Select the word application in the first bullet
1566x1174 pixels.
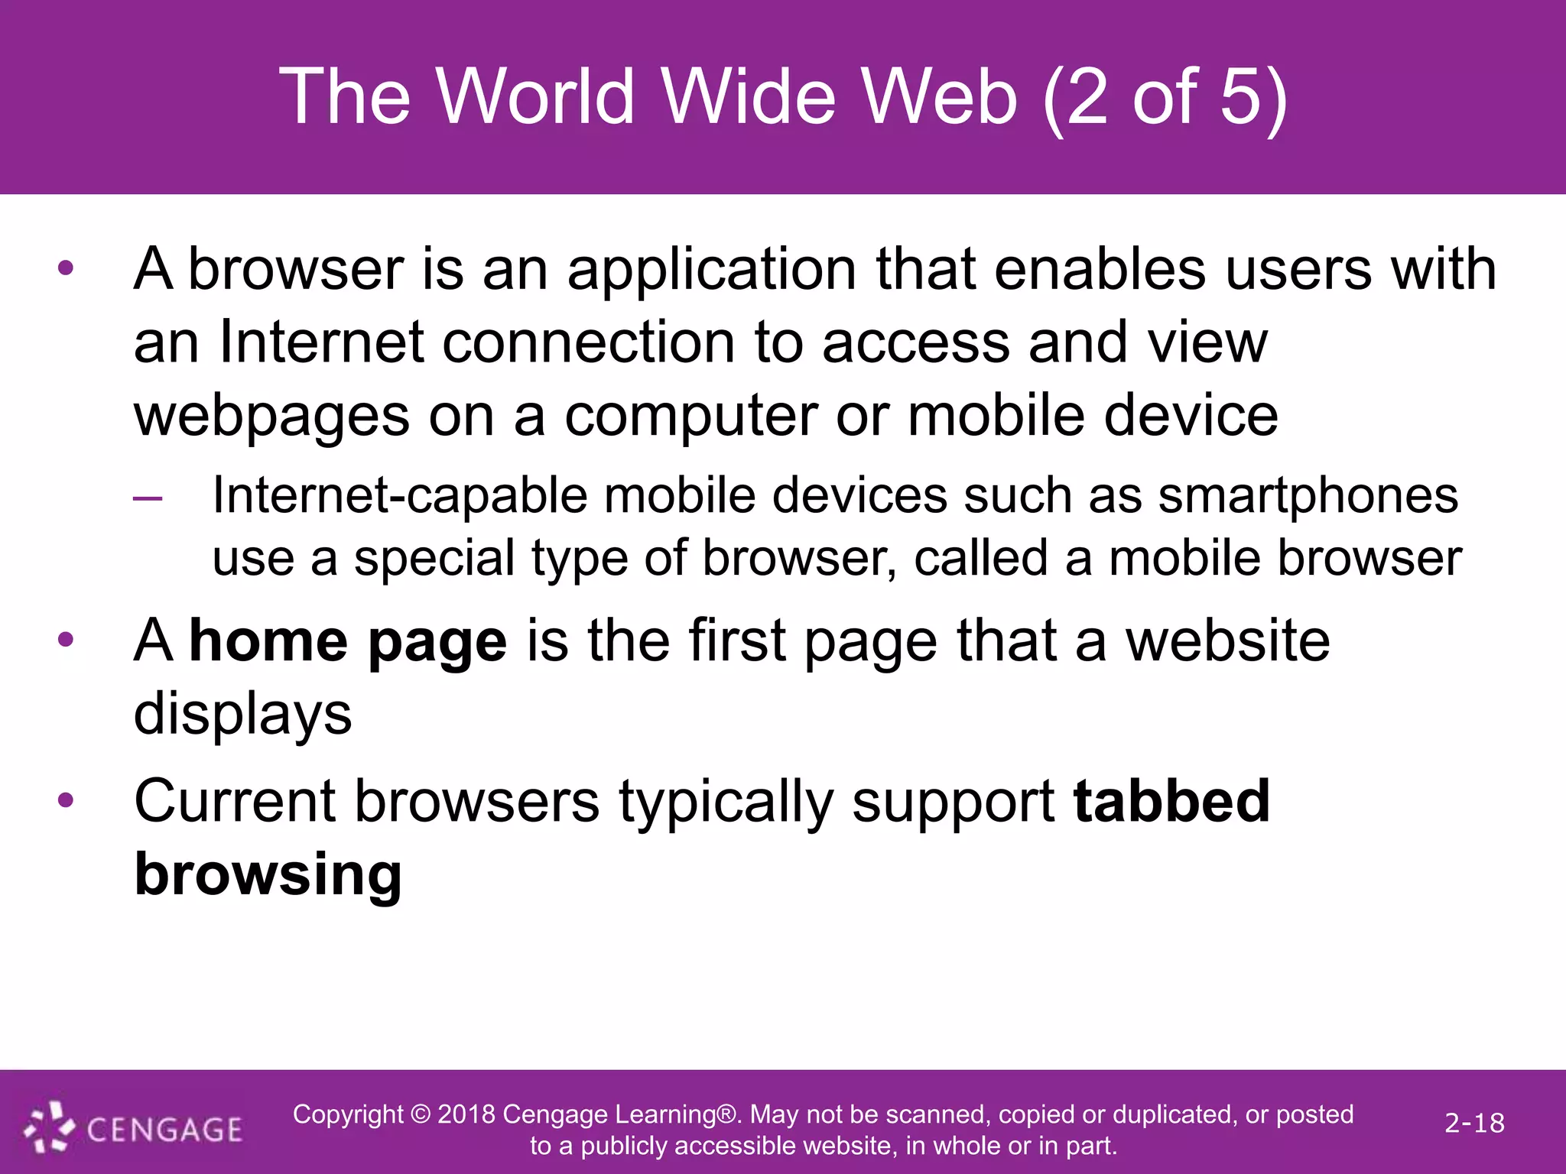[x=711, y=271]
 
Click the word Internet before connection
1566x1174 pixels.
[x=321, y=342]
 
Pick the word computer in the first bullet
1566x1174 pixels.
[x=690, y=417]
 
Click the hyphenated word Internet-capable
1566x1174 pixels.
[x=400, y=495]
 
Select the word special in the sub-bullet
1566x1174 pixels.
[x=434, y=558]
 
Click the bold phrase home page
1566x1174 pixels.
[x=348, y=642]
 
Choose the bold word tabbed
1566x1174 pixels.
[x=1171, y=802]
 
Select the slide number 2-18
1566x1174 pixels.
[x=1474, y=1123]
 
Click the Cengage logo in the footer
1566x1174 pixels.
[x=134, y=1128]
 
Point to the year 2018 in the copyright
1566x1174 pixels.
[x=466, y=1114]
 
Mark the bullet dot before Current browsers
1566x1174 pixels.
[x=66, y=801]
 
